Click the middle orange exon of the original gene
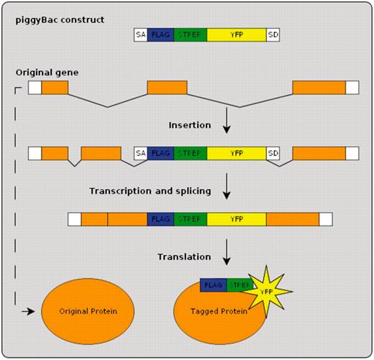coord(167,88)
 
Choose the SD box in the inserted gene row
coord(273,153)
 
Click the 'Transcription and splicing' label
coord(150,191)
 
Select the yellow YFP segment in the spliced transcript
coord(236,219)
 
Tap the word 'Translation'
coord(184,257)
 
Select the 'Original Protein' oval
coord(79,313)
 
